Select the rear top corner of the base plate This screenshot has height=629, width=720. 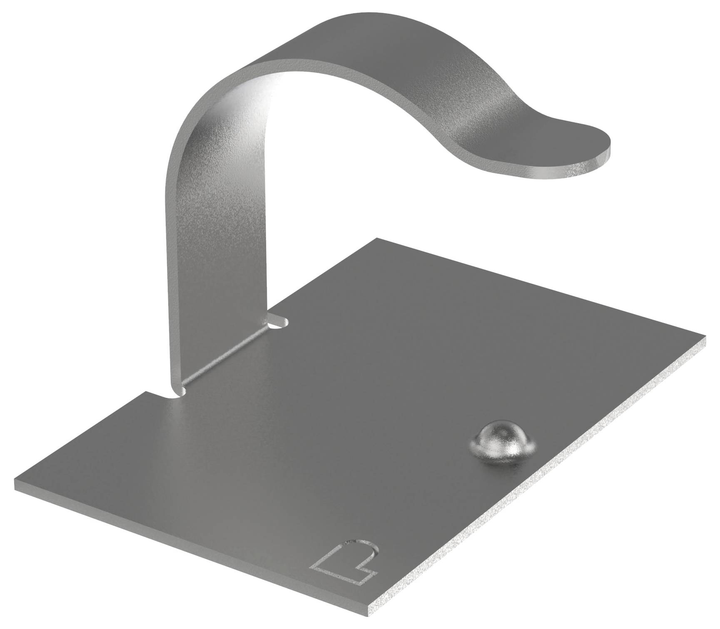(377, 239)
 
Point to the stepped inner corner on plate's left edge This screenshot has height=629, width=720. (146, 392)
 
